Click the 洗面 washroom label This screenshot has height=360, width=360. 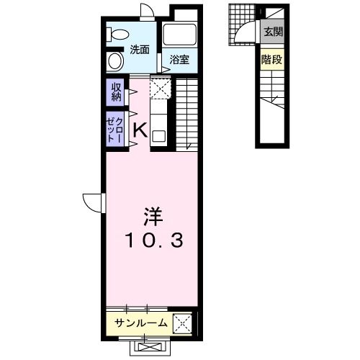click(140, 50)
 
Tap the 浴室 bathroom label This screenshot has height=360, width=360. click(179, 60)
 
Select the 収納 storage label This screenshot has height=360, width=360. click(116, 91)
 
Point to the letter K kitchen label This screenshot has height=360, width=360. click(140, 130)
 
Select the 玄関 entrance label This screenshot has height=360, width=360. click(272, 31)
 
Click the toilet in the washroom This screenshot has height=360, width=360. click(116, 34)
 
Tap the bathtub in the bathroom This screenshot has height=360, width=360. click(179, 34)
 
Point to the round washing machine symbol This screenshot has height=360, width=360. click(115, 60)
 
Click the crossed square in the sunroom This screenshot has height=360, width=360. click(182, 324)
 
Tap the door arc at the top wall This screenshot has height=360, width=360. click(147, 12)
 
